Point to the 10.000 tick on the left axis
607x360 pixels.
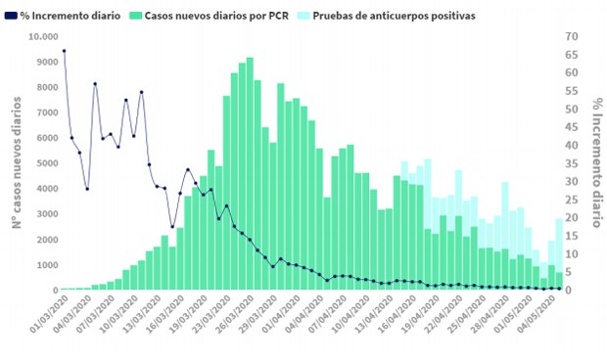(42, 37)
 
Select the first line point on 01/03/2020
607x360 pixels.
(64, 51)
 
